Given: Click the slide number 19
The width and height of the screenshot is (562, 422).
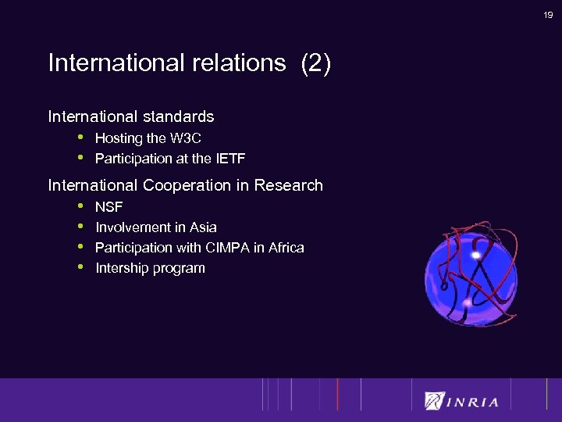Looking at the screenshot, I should point(549,15).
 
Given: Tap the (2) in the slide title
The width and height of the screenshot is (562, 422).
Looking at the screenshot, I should point(315,63).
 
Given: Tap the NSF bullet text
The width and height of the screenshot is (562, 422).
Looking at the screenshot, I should point(109,207).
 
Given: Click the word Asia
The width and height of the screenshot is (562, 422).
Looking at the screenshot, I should point(202,227).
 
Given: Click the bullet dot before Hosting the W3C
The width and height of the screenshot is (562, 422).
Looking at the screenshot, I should point(80,138).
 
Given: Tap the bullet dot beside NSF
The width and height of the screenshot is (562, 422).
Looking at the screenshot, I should point(80,206).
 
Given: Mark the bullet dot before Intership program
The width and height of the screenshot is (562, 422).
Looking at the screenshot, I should point(80,267).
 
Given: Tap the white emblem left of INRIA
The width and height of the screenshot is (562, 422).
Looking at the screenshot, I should point(434,400).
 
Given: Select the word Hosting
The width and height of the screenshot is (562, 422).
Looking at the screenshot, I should point(119,138).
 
